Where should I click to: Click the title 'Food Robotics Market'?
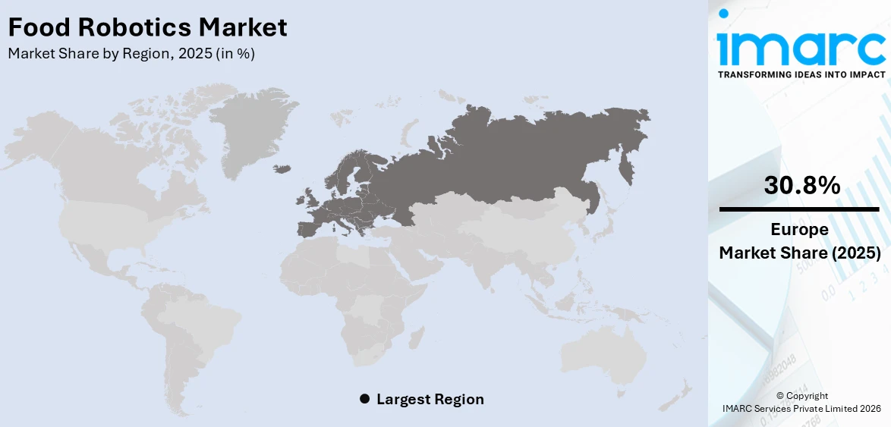(x=148, y=28)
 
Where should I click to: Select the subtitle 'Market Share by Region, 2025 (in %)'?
(x=131, y=54)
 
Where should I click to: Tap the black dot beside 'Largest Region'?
(x=364, y=399)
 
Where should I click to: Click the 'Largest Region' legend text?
(x=430, y=399)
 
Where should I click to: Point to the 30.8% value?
(x=801, y=185)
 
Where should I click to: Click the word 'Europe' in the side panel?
(x=799, y=230)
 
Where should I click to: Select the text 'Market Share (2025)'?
(x=800, y=253)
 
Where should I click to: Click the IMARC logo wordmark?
(x=801, y=48)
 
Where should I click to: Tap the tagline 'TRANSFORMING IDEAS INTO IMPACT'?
(x=801, y=74)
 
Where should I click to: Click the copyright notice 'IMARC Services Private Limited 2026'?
(x=801, y=409)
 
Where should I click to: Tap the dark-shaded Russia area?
(x=516, y=152)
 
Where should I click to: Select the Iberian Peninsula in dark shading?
(x=310, y=228)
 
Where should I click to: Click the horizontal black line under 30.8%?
(x=799, y=209)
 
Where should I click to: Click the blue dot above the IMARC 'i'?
(x=724, y=13)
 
